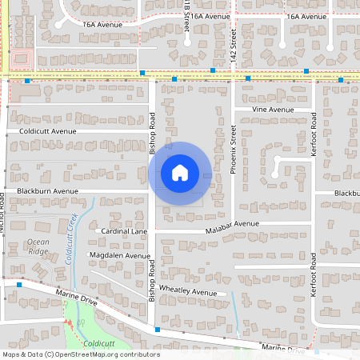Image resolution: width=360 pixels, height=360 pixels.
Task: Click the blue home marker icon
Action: [180, 173]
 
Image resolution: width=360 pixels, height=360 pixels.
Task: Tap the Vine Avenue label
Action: [274, 109]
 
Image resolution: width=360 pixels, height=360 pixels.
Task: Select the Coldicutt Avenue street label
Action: [42, 130]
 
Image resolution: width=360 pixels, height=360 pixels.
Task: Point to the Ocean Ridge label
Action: [38, 246]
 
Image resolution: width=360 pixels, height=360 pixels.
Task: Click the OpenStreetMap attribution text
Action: [80, 354]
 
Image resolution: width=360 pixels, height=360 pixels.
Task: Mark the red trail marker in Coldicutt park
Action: [69, 325]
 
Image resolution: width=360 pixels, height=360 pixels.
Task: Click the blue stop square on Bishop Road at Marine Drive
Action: [158, 330]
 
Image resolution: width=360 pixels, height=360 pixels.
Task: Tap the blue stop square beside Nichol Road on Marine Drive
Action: [18, 282]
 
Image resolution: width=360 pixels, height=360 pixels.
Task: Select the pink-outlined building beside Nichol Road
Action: [21, 59]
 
